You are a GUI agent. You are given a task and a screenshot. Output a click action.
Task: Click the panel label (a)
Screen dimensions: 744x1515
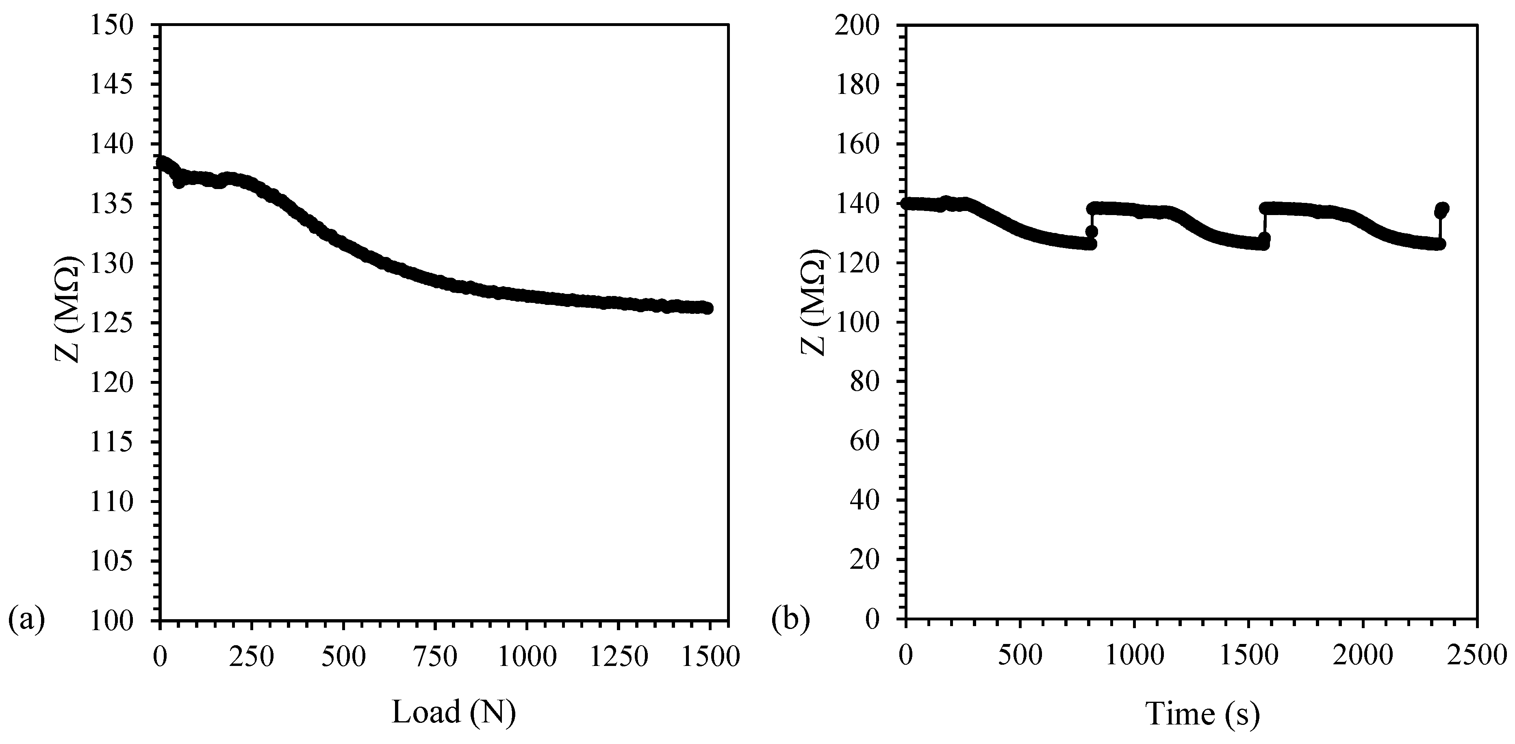coord(26,620)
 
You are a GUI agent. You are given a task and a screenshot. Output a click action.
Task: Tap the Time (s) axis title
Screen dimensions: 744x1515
coord(1202,698)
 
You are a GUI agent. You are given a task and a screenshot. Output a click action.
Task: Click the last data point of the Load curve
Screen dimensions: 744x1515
coord(708,308)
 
